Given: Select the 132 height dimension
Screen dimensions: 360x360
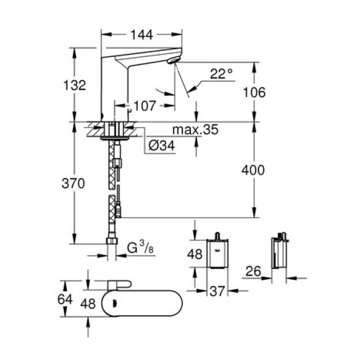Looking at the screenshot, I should (76, 85).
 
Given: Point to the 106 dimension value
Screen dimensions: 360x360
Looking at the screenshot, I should (254, 93).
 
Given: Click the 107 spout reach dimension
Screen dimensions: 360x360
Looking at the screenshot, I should (145, 106).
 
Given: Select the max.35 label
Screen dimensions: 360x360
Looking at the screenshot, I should (195, 130).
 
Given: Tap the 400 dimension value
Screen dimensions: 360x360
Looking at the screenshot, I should (254, 170).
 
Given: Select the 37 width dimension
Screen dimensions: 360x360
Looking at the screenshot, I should (217, 292).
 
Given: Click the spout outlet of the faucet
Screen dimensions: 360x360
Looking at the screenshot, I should (173, 62).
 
